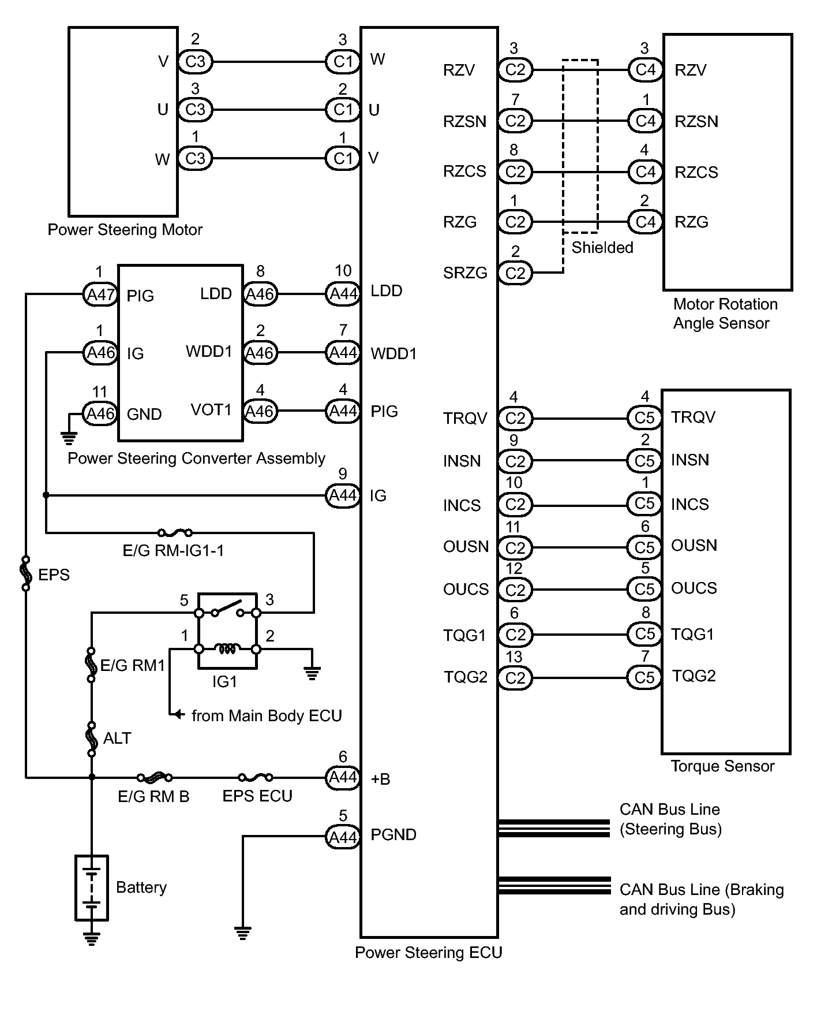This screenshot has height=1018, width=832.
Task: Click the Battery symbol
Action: [91, 888]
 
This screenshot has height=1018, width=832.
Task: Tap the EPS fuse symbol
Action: [26, 574]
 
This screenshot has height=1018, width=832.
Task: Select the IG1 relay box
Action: [227, 631]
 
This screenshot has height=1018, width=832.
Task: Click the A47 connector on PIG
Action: [100, 294]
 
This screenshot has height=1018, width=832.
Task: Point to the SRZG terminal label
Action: [465, 273]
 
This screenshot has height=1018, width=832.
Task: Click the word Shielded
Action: [602, 248]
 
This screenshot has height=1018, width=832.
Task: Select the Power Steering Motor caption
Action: [125, 230]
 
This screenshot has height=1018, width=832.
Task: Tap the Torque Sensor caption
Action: [722, 766]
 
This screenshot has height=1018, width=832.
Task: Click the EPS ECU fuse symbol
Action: [255, 777]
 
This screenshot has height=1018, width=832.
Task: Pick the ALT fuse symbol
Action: [91, 738]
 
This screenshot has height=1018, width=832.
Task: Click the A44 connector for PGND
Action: [343, 837]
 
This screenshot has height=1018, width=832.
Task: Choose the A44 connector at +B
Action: [343, 777]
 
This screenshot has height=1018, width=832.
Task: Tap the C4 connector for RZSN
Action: [645, 121]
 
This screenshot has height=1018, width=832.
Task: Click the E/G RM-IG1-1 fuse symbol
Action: [175, 532]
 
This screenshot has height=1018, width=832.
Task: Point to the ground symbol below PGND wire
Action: [243, 931]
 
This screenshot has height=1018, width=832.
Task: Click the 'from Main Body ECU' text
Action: [267, 716]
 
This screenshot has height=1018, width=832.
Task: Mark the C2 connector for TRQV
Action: [515, 419]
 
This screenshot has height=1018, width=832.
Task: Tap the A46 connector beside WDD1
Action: [260, 353]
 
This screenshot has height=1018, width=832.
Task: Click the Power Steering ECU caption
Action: [428, 952]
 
